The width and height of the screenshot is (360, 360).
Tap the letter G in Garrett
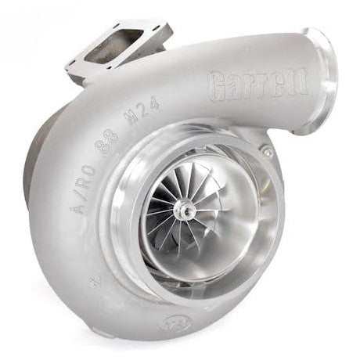pyautogui.click(x=220, y=81)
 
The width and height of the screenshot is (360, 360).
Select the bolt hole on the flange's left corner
pyautogui.click(x=75, y=60)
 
